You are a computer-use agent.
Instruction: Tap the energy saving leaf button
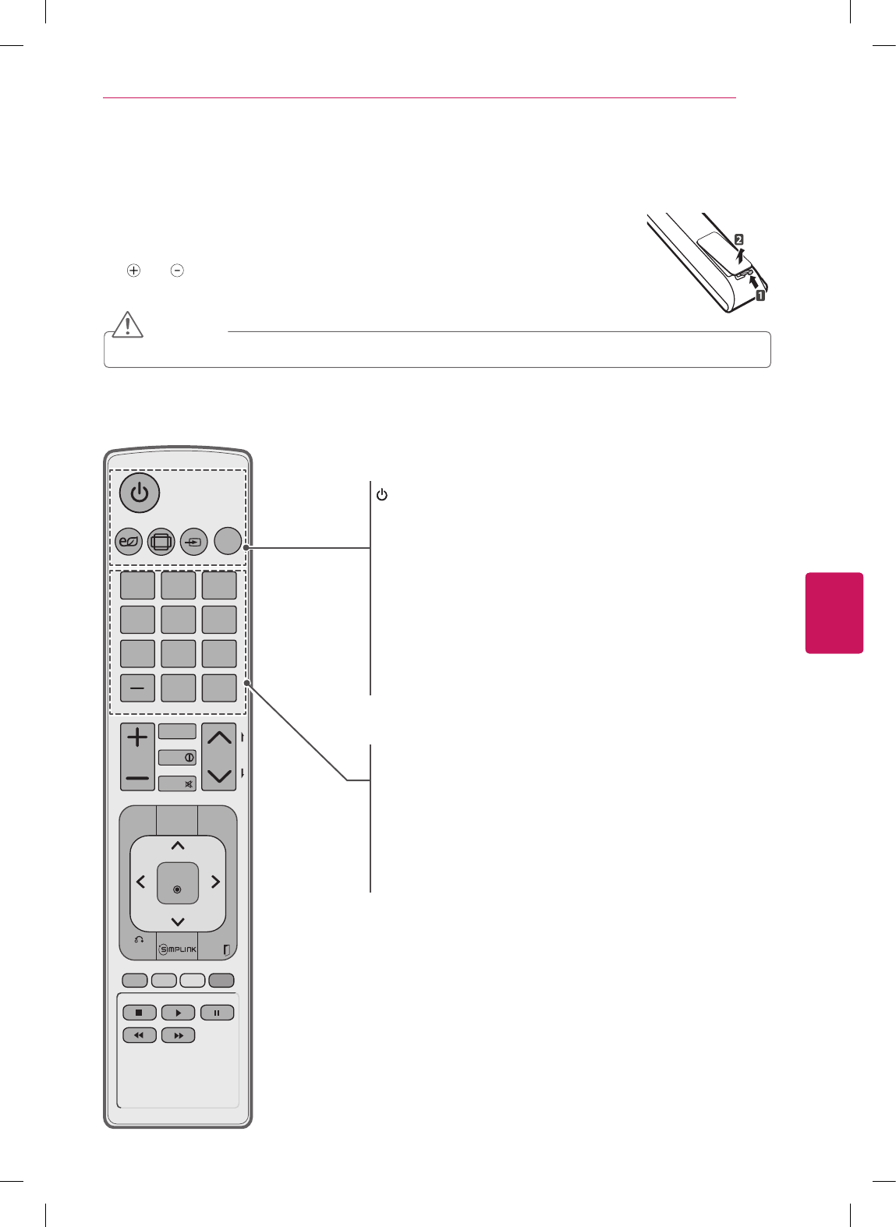point(128,541)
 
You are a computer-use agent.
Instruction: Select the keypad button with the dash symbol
point(137,688)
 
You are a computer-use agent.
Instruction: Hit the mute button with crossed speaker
point(178,783)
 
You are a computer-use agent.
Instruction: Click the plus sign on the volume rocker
point(137,737)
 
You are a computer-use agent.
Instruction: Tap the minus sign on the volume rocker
point(137,777)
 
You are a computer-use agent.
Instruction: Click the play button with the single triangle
point(178,1013)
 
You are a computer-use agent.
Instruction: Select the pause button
point(217,1013)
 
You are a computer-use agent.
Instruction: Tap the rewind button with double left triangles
point(139,1035)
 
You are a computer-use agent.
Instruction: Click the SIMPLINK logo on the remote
point(178,949)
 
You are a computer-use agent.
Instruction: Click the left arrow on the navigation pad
point(141,882)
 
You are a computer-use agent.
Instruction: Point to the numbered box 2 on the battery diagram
point(738,240)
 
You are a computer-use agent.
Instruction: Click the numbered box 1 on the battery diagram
point(760,295)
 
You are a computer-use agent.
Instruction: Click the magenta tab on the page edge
point(834,613)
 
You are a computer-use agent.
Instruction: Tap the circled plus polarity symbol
point(134,271)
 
